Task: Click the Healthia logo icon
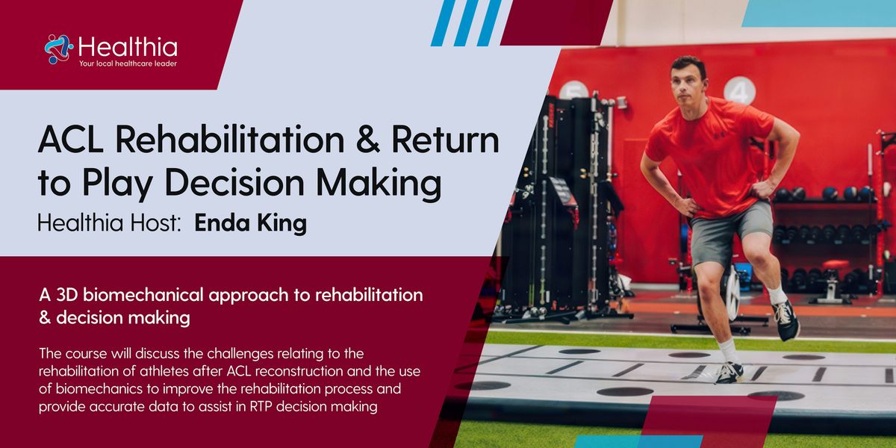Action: pos(58,49)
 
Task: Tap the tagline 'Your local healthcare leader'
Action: pos(128,64)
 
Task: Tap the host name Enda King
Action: pos(250,225)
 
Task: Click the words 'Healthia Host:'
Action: pos(111,225)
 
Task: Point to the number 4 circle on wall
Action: pos(739,91)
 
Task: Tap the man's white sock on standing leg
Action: pos(729,350)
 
